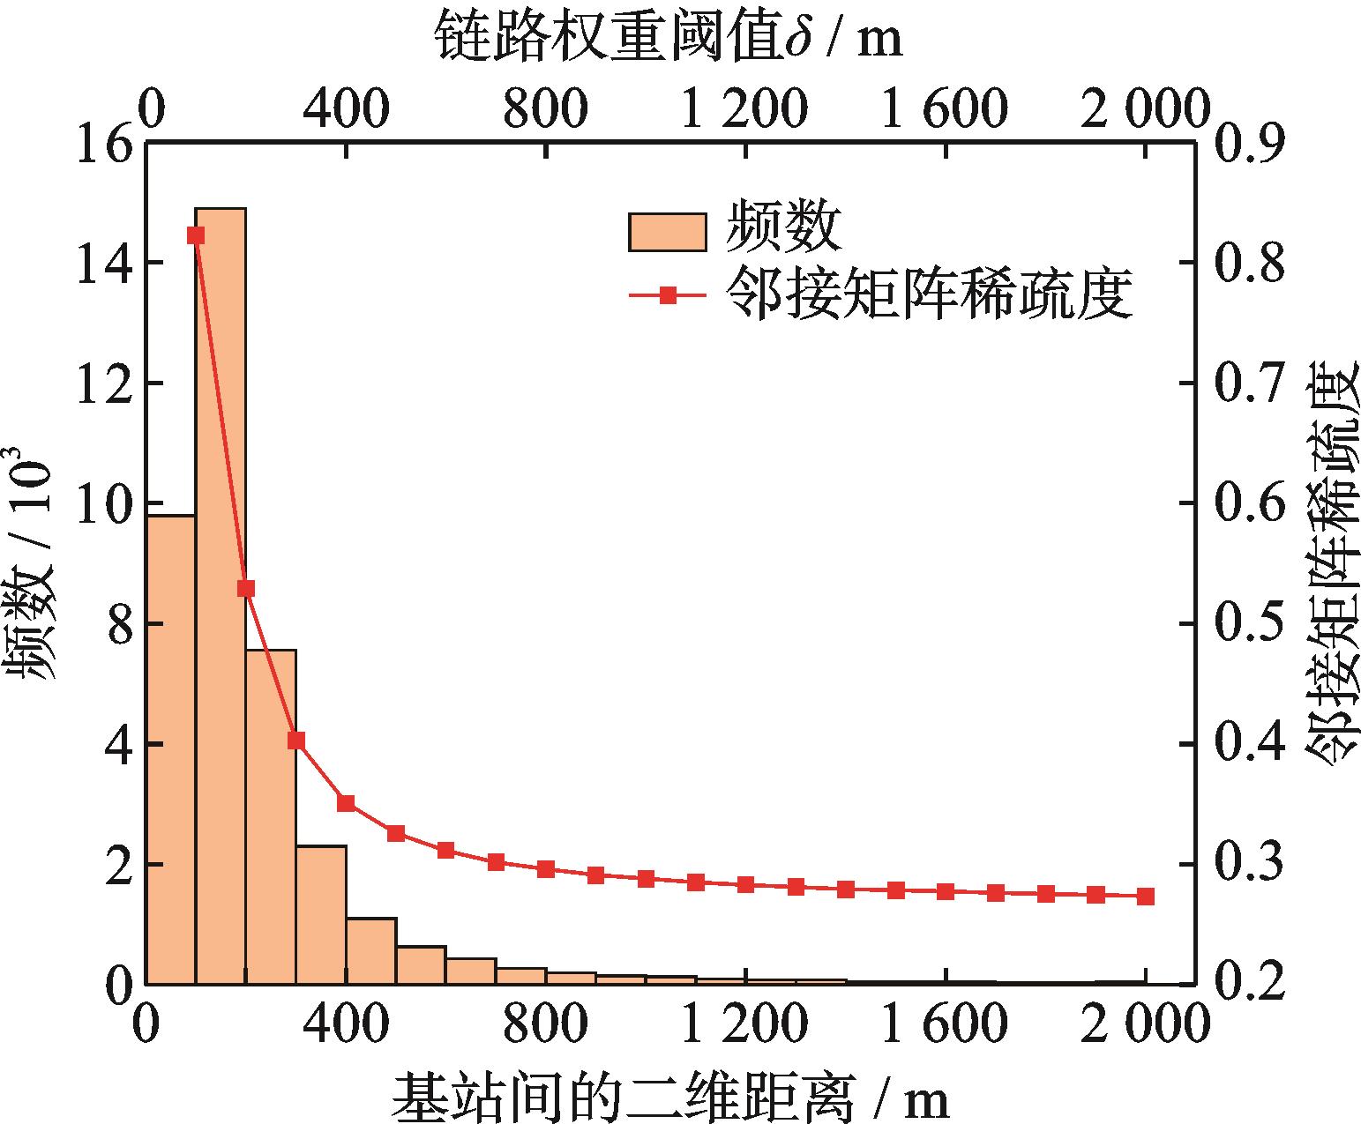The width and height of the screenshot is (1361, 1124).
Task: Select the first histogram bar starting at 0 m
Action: pyautogui.click(x=170, y=749)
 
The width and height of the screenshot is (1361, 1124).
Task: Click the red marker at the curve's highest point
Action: pyautogui.click(x=196, y=234)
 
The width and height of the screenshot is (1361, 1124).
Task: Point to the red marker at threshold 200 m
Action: pyautogui.click(x=246, y=588)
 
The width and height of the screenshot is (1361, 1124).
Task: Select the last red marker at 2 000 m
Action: pyautogui.click(x=1146, y=896)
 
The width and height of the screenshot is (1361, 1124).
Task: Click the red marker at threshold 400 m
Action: pyautogui.click(x=346, y=803)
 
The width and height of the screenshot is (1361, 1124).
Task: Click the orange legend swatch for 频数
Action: pyautogui.click(x=668, y=232)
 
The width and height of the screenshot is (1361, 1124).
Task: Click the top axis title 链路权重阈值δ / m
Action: pyautogui.click(x=669, y=38)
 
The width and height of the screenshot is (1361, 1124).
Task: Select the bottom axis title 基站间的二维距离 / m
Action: pyautogui.click(x=670, y=1096)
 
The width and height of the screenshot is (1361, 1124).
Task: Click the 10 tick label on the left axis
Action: pyautogui.click(x=104, y=504)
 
